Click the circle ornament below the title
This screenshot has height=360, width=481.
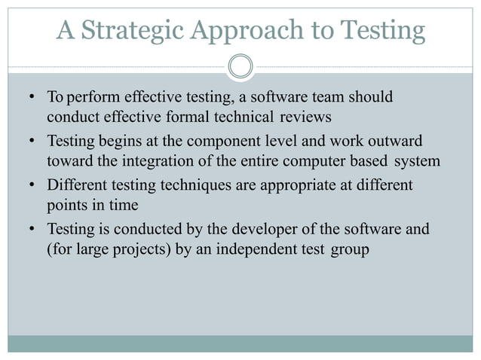pos(240,67)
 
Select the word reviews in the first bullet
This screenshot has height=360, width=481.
pos(305,117)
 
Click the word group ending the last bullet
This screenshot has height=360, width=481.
pos(349,249)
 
